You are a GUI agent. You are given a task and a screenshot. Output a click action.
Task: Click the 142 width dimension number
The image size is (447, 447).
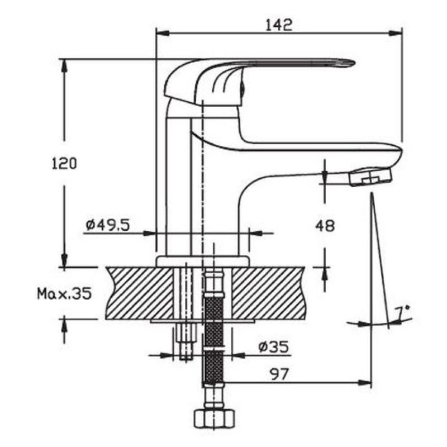[x=279, y=25]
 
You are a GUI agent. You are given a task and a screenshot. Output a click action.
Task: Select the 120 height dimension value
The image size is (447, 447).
[x=64, y=164]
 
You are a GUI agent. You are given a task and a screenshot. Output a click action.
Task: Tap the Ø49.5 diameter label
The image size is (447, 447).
[x=108, y=225]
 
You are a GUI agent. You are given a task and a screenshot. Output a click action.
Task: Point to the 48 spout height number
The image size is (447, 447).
[x=325, y=226]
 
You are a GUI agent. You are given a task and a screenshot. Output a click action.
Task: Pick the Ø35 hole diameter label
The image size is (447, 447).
[x=273, y=346]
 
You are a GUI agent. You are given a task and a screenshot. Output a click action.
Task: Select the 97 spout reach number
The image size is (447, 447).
[x=279, y=374]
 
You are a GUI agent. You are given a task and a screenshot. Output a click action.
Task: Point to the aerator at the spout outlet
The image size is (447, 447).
[x=370, y=177]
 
